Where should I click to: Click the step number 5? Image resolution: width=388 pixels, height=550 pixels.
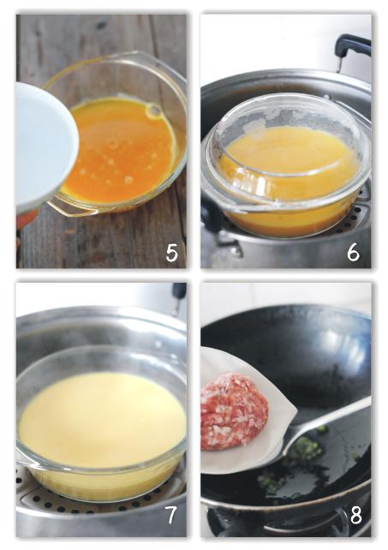point(172,253)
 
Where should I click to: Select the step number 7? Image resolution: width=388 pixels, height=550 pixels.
point(171,516)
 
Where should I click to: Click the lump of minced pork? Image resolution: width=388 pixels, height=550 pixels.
point(233,411)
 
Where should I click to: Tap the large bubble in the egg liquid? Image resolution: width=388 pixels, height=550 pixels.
point(153,111)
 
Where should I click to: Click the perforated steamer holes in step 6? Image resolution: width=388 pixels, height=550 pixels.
point(361,211)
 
